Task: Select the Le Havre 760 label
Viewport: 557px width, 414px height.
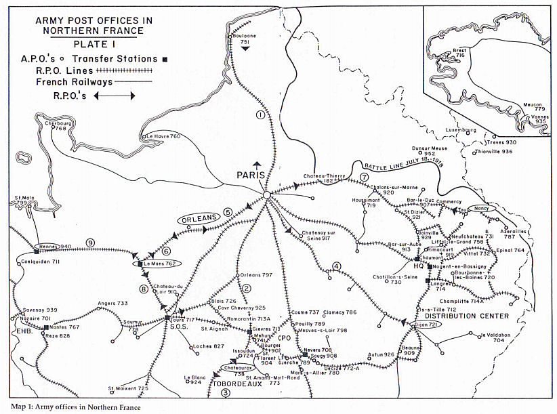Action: (x=164, y=136)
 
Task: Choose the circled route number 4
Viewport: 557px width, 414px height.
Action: (x=336, y=266)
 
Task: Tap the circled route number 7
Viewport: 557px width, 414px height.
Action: (x=365, y=178)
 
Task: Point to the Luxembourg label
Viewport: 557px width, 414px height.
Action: (x=461, y=129)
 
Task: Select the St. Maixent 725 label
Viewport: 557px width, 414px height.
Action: (x=128, y=389)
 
